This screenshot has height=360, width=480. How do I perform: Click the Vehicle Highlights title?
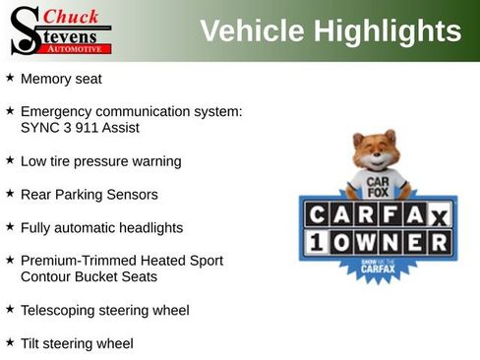coord(330,30)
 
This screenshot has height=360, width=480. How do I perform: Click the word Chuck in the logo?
coord(72,16)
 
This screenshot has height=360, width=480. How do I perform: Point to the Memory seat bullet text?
coord(61,78)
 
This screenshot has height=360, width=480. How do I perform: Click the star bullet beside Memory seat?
coord(10,77)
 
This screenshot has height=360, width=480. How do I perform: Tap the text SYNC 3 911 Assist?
coord(80,127)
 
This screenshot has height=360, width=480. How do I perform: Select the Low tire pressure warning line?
coord(100,160)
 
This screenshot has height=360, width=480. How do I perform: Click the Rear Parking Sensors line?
coord(89,194)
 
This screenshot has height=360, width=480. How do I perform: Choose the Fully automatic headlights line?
coord(101,227)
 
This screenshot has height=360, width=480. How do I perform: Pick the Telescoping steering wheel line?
coord(104,310)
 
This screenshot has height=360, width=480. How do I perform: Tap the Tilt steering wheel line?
coord(77,343)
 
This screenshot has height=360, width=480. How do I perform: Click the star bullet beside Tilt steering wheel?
coord(10,342)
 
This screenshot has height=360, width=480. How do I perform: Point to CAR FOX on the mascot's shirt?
coord(376,186)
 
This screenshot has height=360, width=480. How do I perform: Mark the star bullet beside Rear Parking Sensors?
coord(10,193)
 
